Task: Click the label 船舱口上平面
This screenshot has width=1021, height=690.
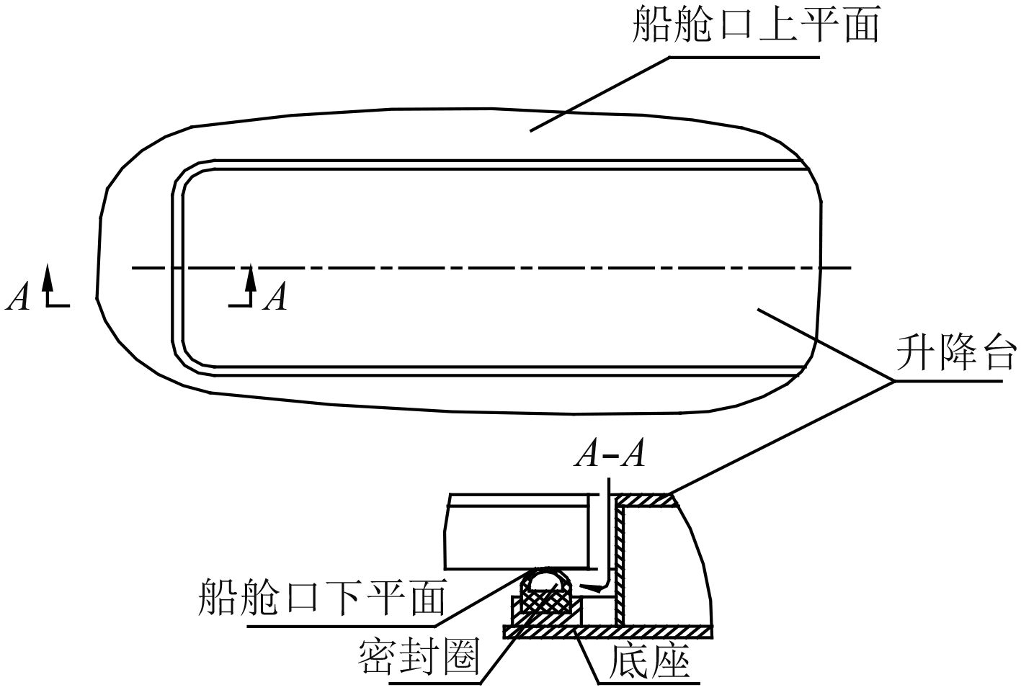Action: click(x=756, y=26)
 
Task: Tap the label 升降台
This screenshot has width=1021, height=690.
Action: click(x=955, y=352)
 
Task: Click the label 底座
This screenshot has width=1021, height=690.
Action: click(x=650, y=660)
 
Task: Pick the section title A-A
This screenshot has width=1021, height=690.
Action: click(x=610, y=456)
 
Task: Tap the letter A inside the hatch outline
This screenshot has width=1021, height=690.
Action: click(x=275, y=297)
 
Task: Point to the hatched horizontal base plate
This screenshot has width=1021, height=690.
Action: click(x=612, y=632)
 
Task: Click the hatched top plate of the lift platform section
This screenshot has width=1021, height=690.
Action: click(x=645, y=500)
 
